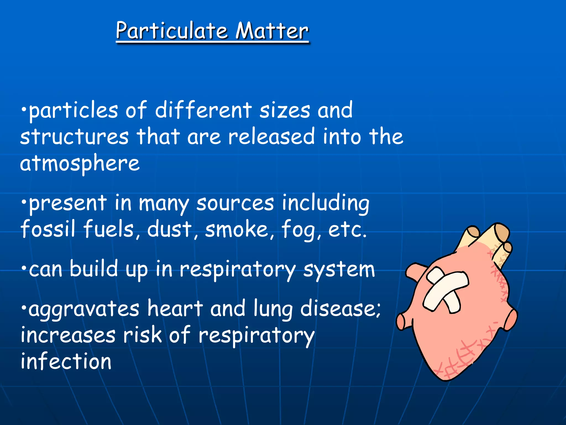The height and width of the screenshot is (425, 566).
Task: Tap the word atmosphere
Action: click(80, 164)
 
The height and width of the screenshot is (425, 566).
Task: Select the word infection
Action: click(66, 361)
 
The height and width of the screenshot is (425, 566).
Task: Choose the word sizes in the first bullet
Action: click(285, 110)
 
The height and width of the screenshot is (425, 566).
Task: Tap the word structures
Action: click(74, 137)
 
